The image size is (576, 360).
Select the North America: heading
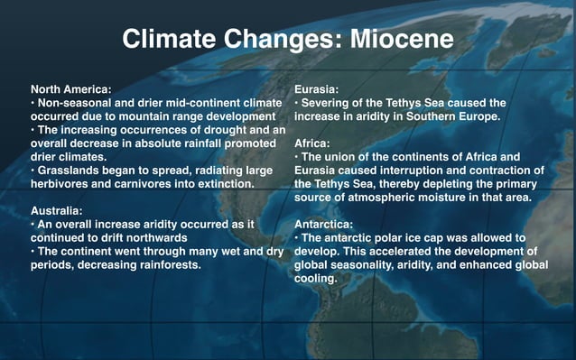71,89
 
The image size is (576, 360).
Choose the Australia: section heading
60,209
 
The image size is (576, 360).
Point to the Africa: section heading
312,143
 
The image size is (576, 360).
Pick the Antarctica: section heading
328,223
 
